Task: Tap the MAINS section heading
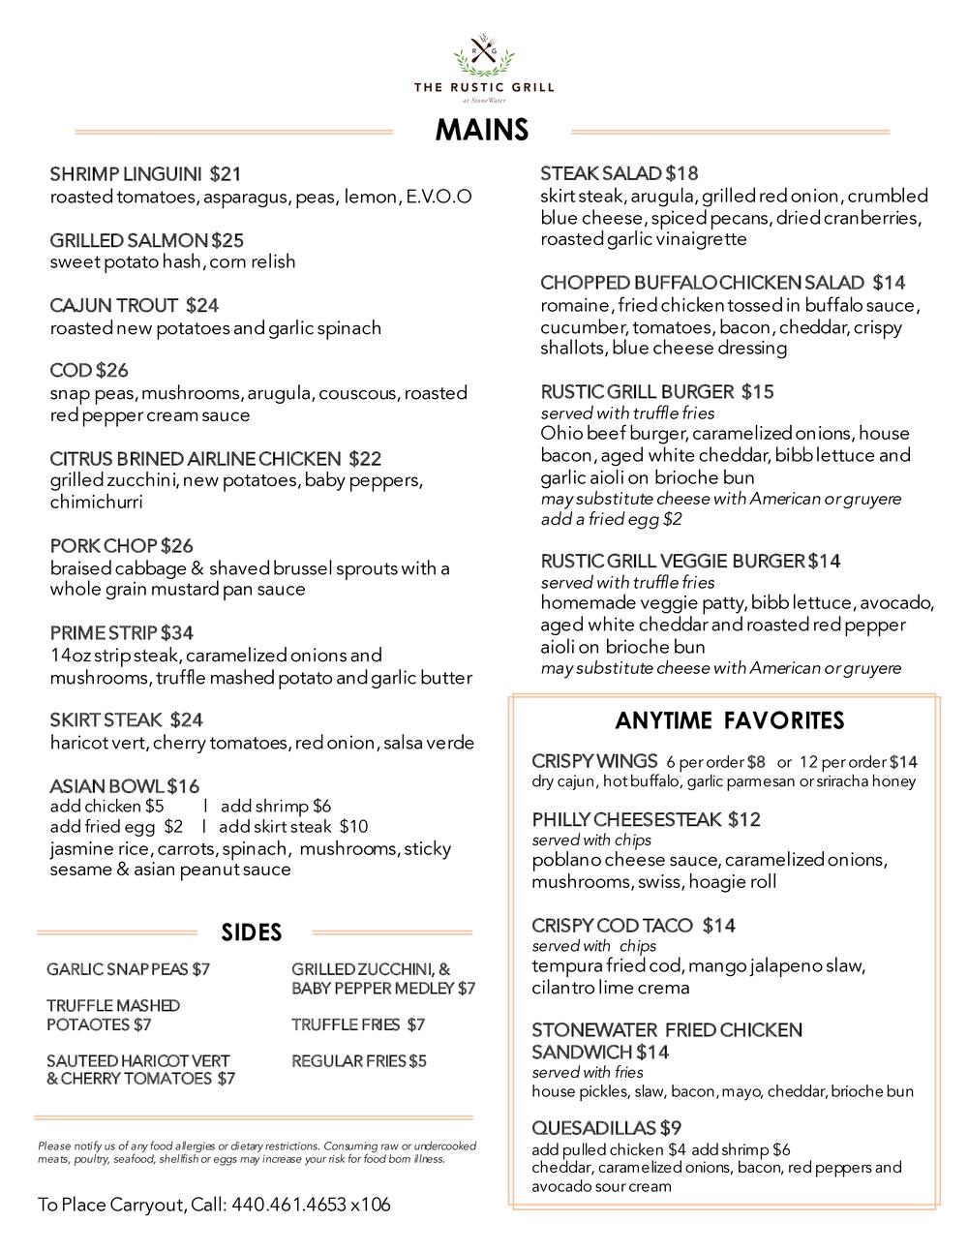point(482,130)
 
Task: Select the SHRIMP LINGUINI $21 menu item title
point(145,174)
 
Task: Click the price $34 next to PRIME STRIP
point(177,633)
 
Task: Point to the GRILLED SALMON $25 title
point(146,240)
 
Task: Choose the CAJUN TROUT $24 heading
point(134,306)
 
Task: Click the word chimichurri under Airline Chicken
point(97,503)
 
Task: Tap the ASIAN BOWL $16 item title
point(124,786)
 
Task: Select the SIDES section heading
point(252,932)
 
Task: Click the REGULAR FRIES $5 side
point(358,1061)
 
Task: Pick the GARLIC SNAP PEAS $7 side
point(128,969)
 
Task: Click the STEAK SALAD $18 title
point(619,174)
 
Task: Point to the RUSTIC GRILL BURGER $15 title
point(656,392)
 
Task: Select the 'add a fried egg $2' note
point(611,520)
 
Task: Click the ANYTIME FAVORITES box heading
point(729,720)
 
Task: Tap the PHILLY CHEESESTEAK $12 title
point(646,820)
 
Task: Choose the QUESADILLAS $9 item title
point(607,1128)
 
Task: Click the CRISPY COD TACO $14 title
point(633,926)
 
